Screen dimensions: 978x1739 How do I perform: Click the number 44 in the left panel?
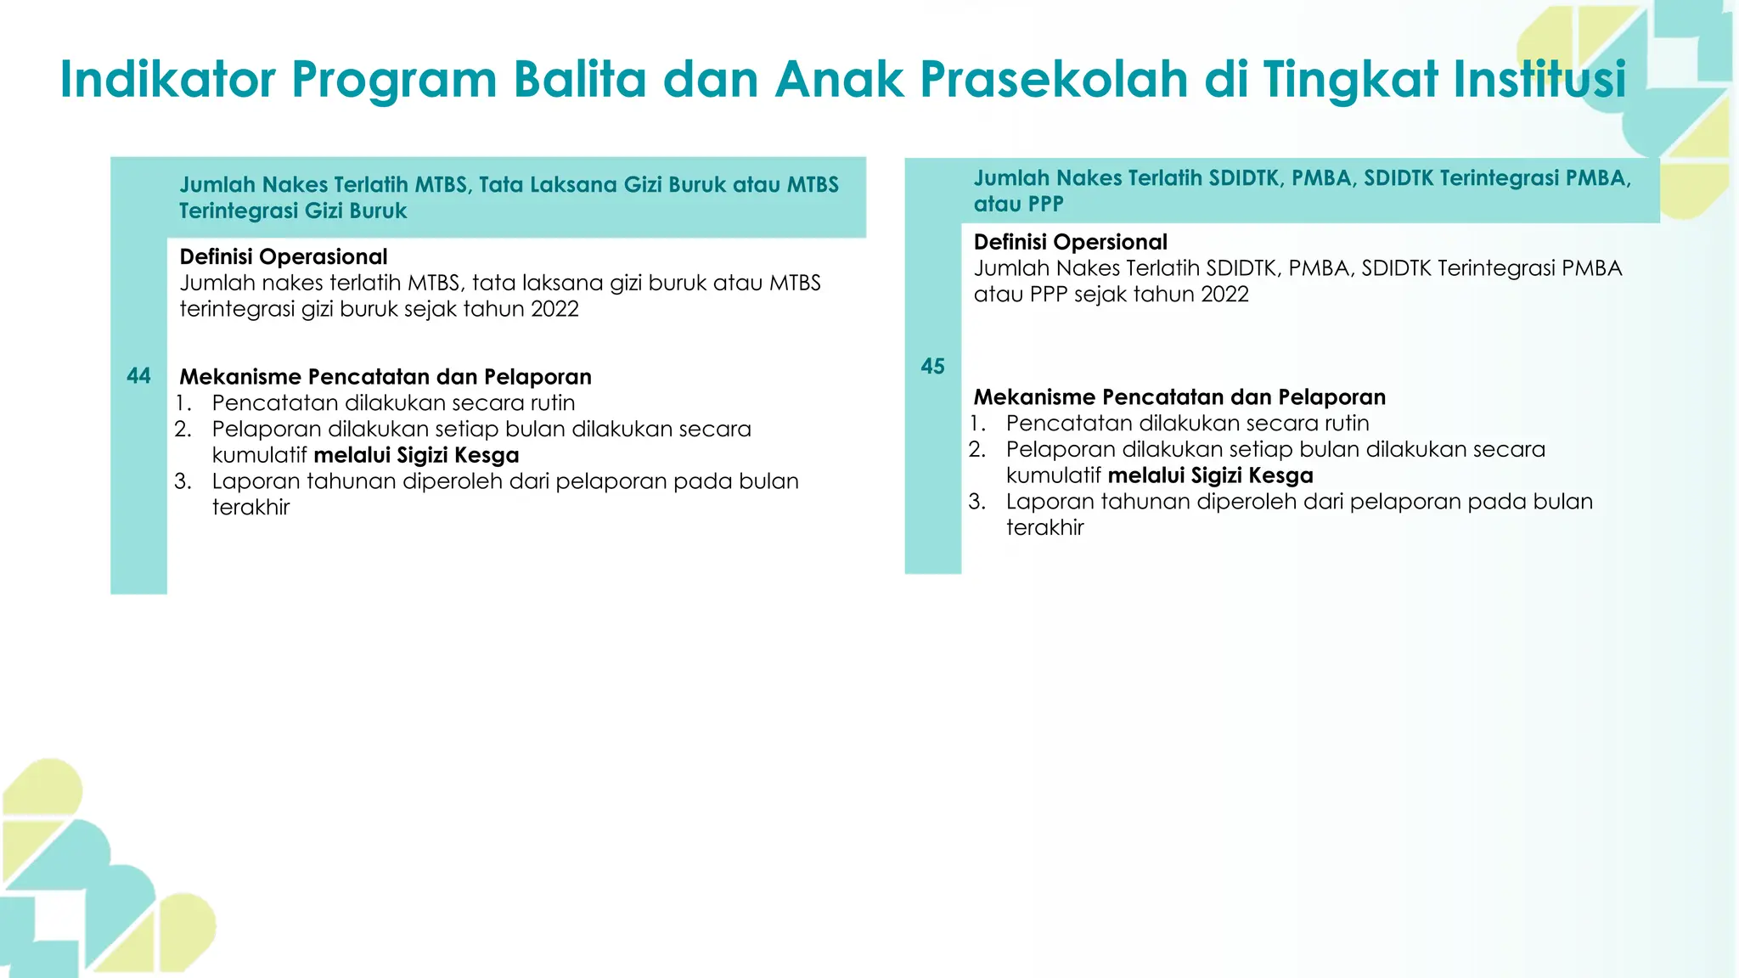tap(138, 376)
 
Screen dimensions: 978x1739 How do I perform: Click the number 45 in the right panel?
tap(932, 366)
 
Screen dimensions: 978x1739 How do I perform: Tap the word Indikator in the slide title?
tap(167, 79)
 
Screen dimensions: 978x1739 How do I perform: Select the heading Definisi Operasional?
tap(284, 256)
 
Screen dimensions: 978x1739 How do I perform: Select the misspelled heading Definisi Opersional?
tap(1070, 242)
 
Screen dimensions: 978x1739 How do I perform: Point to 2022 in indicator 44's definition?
tap(554, 309)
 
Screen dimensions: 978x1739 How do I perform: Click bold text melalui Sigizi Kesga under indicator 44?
tap(416, 455)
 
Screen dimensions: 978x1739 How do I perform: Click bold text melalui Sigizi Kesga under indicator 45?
tap(1210, 475)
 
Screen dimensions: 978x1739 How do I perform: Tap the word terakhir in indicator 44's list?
tap(250, 508)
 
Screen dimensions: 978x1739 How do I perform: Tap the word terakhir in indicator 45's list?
tap(1044, 528)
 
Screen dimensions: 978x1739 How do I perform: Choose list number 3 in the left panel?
tap(183, 481)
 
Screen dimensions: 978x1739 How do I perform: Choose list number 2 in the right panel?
tap(976, 449)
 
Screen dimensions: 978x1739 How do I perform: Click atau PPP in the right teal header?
tap(1018, 205)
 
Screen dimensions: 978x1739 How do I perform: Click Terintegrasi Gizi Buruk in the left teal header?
tap(293, 211)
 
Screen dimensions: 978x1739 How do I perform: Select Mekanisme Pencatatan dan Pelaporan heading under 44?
tap(386, 377)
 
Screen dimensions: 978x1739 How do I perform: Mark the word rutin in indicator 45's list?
tap(1346, 424)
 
